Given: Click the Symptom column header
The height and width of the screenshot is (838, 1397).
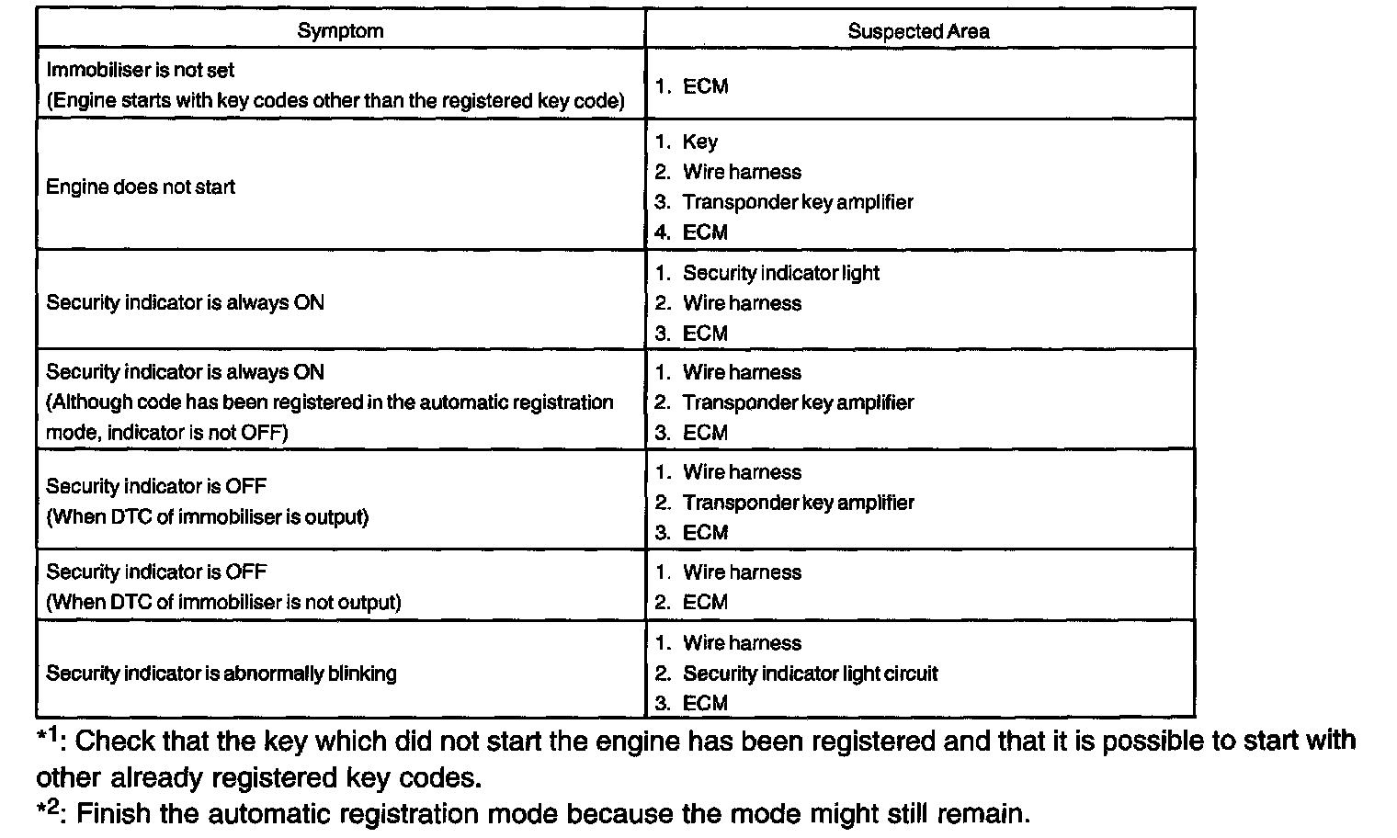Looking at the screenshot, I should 340,30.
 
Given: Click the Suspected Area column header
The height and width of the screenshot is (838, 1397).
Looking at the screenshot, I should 918,31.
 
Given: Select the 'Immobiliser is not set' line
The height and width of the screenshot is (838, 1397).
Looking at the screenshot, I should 141,70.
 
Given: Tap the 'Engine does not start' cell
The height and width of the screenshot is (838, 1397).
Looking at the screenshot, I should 141,187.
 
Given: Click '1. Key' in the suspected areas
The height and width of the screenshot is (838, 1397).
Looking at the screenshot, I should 687,142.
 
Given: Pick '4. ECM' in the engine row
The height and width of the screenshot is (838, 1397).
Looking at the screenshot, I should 691,232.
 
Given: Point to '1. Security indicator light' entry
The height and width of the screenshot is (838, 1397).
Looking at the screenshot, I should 767,273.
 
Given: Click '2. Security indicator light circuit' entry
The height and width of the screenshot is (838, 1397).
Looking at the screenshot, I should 796,674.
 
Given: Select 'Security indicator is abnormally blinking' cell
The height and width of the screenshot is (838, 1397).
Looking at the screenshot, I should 221,674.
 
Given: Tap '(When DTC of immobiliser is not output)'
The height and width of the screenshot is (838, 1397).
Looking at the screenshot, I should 224,603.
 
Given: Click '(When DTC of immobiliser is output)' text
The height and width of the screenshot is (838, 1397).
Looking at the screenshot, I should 208,517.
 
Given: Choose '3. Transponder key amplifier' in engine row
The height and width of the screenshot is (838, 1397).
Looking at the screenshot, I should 784,202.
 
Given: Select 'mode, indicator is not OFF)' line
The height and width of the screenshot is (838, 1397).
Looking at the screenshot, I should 167,433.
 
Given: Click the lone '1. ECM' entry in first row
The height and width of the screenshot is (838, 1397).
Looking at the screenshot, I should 691,86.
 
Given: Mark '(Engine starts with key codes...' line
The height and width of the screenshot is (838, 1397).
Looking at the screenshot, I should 335,100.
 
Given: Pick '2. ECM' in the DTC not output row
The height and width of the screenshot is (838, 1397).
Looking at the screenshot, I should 691,603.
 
